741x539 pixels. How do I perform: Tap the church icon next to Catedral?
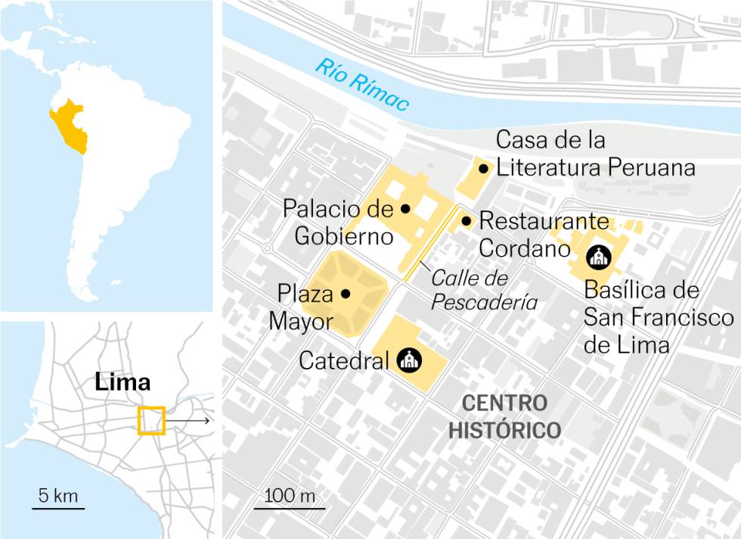tap(409, 360)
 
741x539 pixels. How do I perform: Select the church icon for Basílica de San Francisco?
tap(598, 257)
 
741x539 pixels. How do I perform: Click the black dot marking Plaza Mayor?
tap(346, 293)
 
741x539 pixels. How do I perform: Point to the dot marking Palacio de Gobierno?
tap(405, 207)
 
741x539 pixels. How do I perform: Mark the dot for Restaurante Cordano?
tap(467, 221)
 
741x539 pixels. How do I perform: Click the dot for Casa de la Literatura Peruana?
tap(482, 168)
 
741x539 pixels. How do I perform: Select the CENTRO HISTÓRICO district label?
tap(504, 416)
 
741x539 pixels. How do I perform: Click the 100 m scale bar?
tap(289, 507)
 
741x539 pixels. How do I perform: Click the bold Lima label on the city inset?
tap(122, 382)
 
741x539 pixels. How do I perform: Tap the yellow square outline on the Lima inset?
tap(151, 420)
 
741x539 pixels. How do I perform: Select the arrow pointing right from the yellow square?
tap(189, 419)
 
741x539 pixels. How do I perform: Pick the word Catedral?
tap(343, 361)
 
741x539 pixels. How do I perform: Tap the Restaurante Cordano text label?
tap(543, 234)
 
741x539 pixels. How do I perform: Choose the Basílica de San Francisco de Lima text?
tap(658, 318)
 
